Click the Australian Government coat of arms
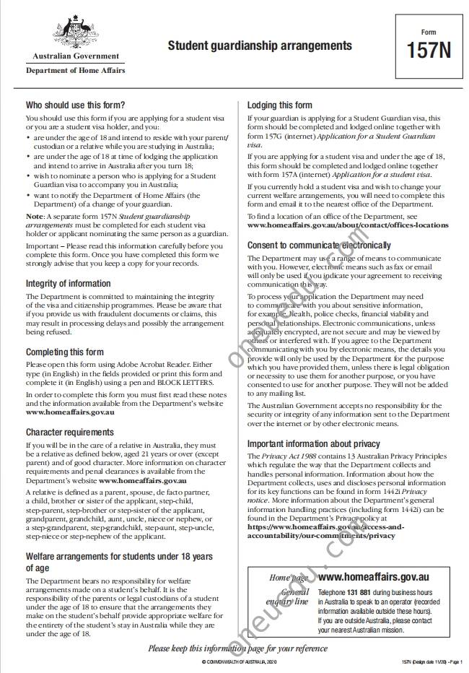pos(75,32)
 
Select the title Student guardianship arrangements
pos(260,46)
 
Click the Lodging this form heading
pos(280,105)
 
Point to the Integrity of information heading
pos(69,283)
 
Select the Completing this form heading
pos(65,352)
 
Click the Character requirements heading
pos(70,432)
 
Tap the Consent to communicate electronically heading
pos(319,246)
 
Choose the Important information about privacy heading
pos(314,443)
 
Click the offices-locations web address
pos(347,225)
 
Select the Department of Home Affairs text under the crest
pos(75,71)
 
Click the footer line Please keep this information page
pos(237,648)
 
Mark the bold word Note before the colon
pos(35,216)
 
